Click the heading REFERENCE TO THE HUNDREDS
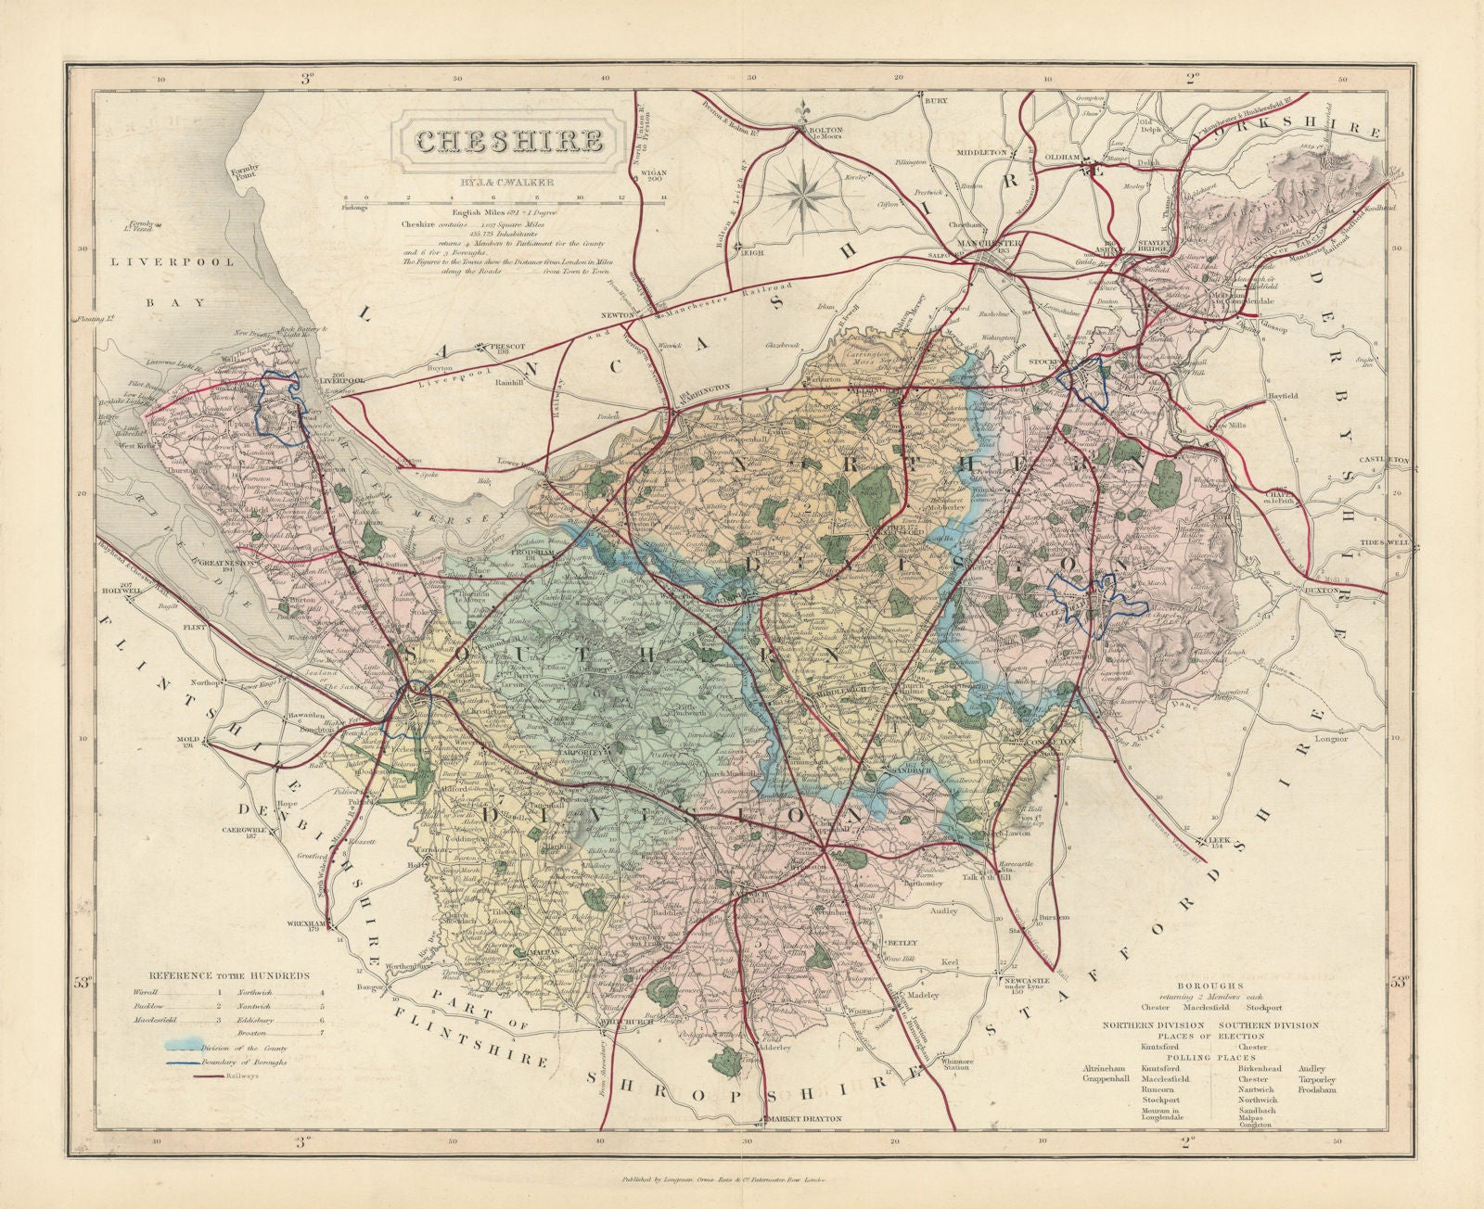(230, 975)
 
